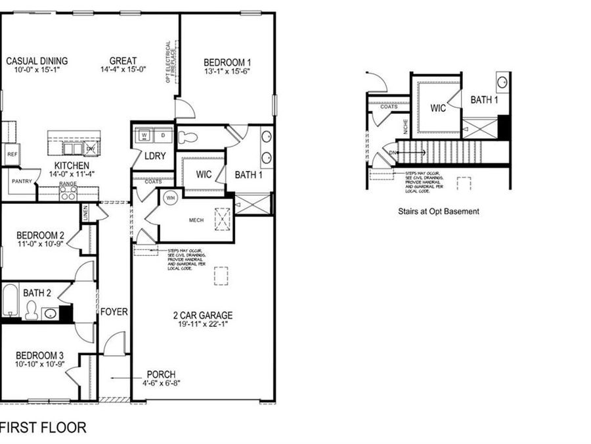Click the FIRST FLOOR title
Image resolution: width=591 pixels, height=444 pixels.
43,427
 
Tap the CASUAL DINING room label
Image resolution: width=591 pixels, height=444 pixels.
37,61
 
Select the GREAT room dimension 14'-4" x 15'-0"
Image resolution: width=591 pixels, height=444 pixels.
123,70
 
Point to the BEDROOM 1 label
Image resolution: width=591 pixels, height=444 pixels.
228,62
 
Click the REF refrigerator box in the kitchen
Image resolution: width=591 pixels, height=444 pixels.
11,154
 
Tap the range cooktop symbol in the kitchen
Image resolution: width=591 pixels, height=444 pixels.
68,193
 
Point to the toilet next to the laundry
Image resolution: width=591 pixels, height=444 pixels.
188,137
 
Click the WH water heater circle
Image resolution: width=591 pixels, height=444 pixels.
170,198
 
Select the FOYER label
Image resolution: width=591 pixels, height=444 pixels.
114,311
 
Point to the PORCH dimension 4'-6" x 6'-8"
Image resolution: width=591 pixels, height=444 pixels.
160,383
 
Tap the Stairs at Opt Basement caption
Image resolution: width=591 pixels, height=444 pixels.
438,212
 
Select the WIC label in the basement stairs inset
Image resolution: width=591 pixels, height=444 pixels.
439,108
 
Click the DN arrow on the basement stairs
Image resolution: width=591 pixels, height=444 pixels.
394,153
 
